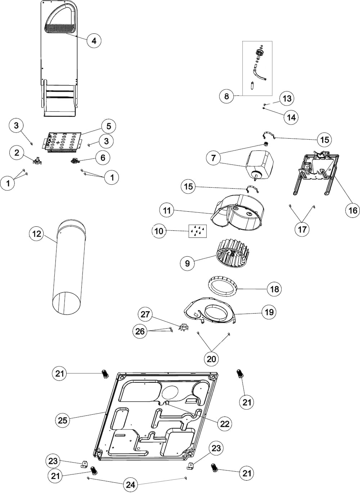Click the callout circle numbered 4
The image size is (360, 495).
click(94, 41)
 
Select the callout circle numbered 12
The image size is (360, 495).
click(37, 234)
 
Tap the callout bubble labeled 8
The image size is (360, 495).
click(226, 96)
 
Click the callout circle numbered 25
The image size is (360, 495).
click(63, 420)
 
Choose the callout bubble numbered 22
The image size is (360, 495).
click(225, 423)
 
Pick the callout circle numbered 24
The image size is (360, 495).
click(130, 485)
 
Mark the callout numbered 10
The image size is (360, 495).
click(159, 231)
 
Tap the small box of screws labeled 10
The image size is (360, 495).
click(198, 231)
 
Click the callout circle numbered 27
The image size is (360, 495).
click(145, 314)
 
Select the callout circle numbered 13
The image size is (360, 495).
click(287, 98)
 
